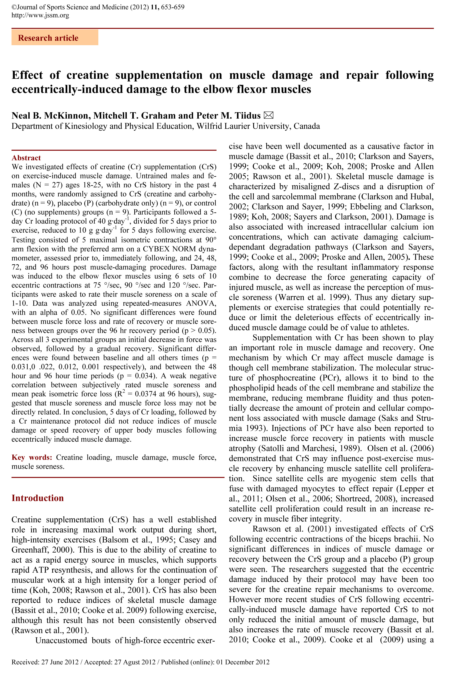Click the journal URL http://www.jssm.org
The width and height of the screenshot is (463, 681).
(x=40, y=15)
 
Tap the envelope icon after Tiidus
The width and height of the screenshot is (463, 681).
(x=268, y=115)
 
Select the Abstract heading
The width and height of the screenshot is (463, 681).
(x=26, y=158)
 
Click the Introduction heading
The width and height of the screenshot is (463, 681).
(x=38, y=498)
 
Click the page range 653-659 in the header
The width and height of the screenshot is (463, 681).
(x=173, y=7)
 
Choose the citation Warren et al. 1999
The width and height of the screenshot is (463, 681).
(x=313, y=297)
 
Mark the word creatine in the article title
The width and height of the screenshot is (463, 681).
(x=87, y=75)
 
